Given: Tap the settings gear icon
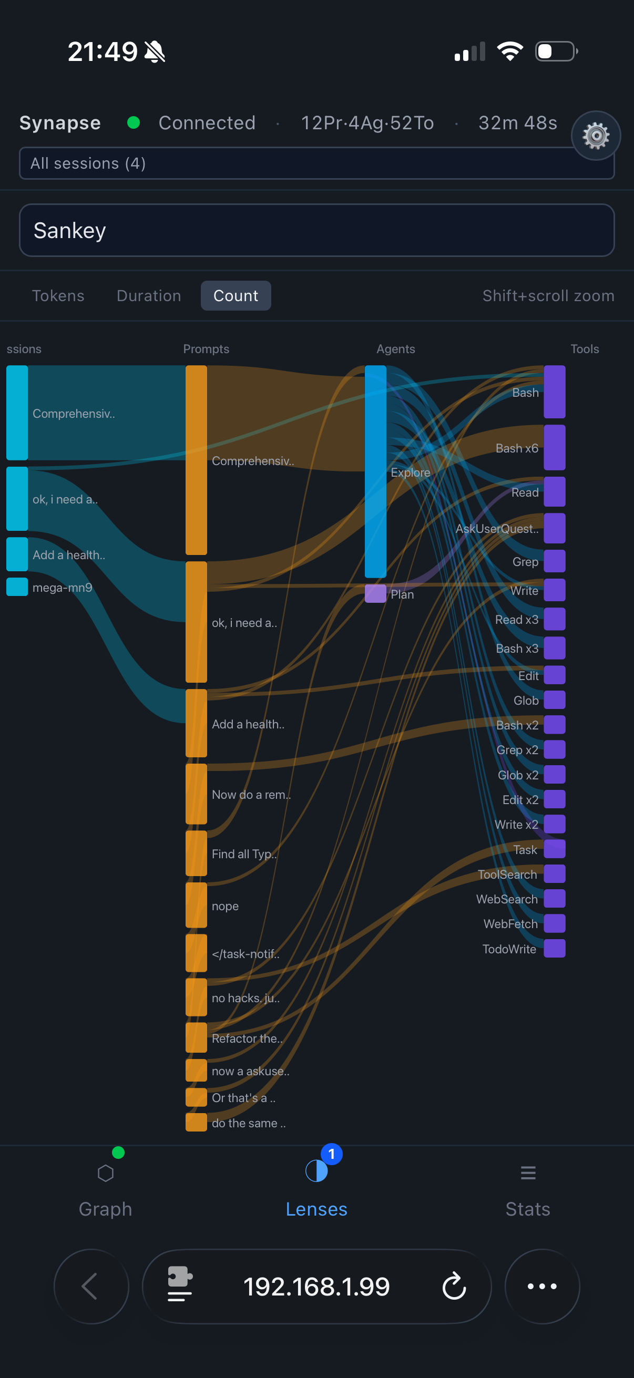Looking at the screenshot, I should pos(596,136).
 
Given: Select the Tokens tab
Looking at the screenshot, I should pos(58,296).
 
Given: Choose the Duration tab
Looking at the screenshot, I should pos(149,296).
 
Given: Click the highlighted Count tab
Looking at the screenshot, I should pos(236,296).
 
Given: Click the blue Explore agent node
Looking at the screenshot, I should pos(375,471).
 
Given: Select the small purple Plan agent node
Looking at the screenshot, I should pos(375,594).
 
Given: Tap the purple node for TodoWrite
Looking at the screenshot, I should pos(554,949).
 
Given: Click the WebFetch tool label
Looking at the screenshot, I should pos(510,924).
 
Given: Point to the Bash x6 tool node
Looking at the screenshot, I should pos(554,448).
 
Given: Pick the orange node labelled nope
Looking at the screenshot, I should pos(196,905).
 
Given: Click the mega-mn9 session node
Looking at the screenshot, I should pos(17,587).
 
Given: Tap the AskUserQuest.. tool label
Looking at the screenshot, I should pos(496,529).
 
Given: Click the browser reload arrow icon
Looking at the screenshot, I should pos(454,1287).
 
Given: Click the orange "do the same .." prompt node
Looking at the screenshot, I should pos(196,1122).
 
